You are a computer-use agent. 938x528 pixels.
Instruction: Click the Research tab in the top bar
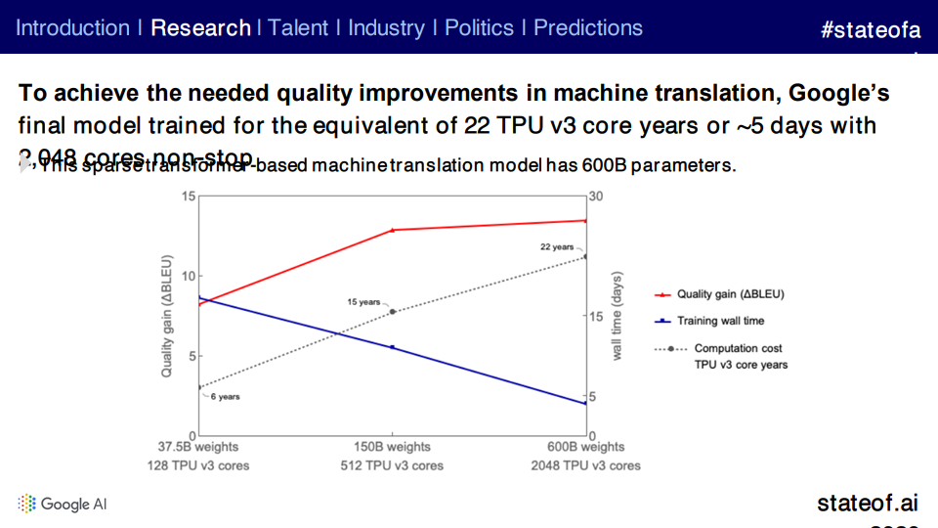(x=200, y=27)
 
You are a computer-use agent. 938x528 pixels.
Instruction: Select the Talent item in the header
(x=299, y=27)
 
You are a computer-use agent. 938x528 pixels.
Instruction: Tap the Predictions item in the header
(x=588, y=27)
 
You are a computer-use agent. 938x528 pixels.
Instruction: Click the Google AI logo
(x=63, y=504)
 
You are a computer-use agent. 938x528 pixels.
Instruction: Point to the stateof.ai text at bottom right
(x=868, y=504)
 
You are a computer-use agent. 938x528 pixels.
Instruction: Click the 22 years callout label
(x=557, y=247)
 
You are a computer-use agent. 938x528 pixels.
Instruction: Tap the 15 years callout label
(x=363, y=302)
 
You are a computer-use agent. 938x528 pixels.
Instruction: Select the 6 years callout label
(x=225, y=397)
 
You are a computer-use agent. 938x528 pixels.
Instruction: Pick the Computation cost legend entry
(x=738, y=348)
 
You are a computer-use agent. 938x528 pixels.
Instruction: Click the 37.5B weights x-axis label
(x=198, y=448)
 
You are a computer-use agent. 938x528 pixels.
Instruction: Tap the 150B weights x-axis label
(x=392, y=448)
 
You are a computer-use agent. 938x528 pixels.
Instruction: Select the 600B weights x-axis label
(x=587, y=448)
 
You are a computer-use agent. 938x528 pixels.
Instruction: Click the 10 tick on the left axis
(x=187, y=276)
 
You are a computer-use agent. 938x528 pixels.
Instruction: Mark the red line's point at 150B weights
(x=393, y=230)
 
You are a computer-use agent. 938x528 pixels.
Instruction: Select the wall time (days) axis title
(x=618, y=316)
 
